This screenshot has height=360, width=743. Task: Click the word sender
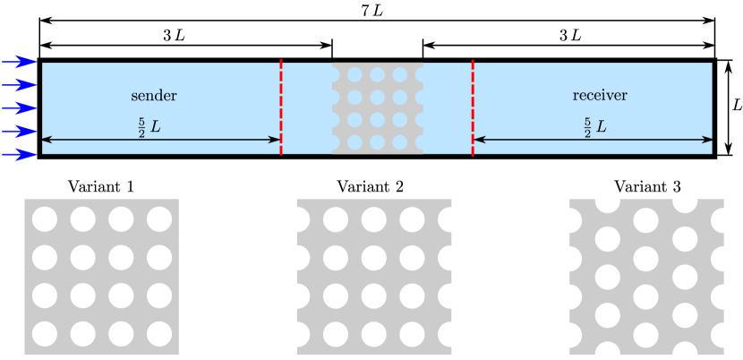click(x=154, y=96)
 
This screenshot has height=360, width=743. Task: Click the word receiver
click(x=600, y=96)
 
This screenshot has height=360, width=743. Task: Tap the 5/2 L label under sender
click(x=148, y=127)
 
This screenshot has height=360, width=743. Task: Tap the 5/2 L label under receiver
click(x=595, y=127)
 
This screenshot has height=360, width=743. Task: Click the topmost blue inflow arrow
click(x=19, y=62)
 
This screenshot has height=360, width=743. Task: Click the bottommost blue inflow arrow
click(x=19, y=155)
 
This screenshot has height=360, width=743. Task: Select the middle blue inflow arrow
click(x=19, y=108)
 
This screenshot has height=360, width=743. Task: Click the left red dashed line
click(x=281, y=107)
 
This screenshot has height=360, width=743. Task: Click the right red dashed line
click(x=473, y=107)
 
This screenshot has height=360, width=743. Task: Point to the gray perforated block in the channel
click(x=377, y=107)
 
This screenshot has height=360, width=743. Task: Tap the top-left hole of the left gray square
click(x=45, y=219)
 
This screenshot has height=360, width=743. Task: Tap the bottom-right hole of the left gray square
click(x=159, y=334)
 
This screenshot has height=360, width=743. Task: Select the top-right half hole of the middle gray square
click(x=451, y=219)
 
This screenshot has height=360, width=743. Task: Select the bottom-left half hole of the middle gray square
click(x=296, y=334)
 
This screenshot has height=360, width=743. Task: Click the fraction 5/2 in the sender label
click(x=141, y=127)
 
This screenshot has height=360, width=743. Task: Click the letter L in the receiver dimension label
click(x=602, y=127)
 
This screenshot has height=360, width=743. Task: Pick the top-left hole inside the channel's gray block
click(x=354, y=74)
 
